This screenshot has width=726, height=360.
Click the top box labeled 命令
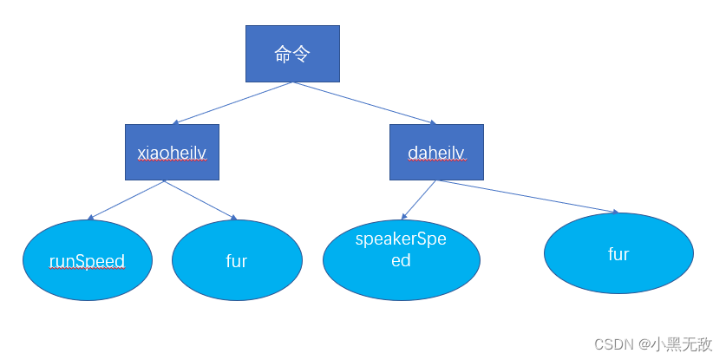click(x=292, y=54)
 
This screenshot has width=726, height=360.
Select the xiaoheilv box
click(x=172, y=152)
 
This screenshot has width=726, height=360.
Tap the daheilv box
click(x=436, y=152)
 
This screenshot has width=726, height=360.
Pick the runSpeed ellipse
click(x=87, y=260)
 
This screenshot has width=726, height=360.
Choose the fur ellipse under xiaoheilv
click(x=237, y=260)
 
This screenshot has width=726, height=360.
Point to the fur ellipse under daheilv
click(x=618, y=254)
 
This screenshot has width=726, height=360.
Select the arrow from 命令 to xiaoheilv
click(x=234, y=103)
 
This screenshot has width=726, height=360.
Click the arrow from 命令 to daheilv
click(x=364, y=103)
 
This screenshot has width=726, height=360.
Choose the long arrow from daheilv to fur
click(x=529, y=196)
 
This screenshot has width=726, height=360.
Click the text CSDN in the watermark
click(x=614, y=344)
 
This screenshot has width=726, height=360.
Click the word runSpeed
click(x=87, y=261)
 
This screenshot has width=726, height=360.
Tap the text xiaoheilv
click(x=172, y=153)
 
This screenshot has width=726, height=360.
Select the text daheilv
click(x=436, y=153)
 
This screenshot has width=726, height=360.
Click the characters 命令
click(x=292, y=55)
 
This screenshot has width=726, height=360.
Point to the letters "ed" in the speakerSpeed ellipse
click(x=401, y=260)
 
